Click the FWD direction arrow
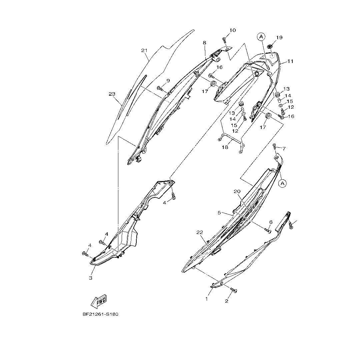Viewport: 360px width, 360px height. click(99, 301)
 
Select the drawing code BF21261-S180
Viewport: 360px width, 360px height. click(100, 314)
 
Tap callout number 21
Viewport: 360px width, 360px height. click(144, 51)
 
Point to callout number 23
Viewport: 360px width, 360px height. click(112, 94)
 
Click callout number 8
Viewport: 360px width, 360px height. click(204, 43)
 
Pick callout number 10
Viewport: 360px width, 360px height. click(232, 30)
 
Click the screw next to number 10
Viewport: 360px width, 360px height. click(225, 40)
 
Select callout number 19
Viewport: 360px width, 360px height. click(279, 38)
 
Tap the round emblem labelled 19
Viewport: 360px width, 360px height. click(271, 46)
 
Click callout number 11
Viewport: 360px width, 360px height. click(290, 61)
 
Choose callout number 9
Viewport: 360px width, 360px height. click(168, 81)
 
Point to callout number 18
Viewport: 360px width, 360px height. click(225, 147)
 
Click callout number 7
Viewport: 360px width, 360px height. click(284, 148)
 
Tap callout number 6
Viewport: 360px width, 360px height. click(271, 222)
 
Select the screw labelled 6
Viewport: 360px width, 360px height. click(267, 229)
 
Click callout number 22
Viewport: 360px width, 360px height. click(200, 232)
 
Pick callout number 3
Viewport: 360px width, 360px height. click(91, 278)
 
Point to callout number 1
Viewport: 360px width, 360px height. click(207, 299)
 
